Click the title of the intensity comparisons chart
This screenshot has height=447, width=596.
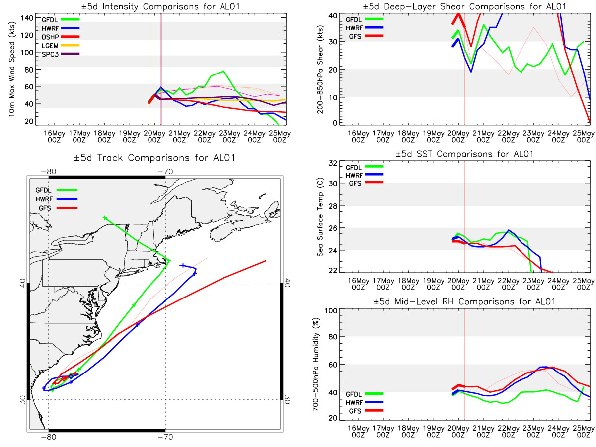(160, 6)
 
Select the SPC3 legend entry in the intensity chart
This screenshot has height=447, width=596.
(60, 54)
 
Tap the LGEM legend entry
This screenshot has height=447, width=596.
(60, 45)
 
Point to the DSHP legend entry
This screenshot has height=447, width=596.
(60, 37)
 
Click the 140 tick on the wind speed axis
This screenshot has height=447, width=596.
(27, 18)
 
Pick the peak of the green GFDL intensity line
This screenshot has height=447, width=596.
(223, 71)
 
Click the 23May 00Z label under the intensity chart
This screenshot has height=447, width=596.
(229, 136)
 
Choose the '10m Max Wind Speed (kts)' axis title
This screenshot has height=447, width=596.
(11, 69)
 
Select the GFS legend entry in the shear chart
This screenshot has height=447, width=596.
(364, 36)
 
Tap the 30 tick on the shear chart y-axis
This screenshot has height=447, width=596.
(332, 42)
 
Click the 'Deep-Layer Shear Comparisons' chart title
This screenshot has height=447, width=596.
(464, 6)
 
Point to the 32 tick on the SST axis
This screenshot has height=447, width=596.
(332, 163)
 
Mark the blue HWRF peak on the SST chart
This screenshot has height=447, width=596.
(509, 230)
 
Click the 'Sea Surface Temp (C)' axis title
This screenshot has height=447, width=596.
(320, 217)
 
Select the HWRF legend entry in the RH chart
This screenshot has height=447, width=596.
(364, 402)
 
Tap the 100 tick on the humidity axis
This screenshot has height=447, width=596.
(331, 310)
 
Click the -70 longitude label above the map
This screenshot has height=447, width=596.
(165, 171)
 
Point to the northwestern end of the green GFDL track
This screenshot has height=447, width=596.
(105, 218)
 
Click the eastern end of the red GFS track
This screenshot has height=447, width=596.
(265, 261)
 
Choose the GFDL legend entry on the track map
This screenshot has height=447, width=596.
(56, 190)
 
